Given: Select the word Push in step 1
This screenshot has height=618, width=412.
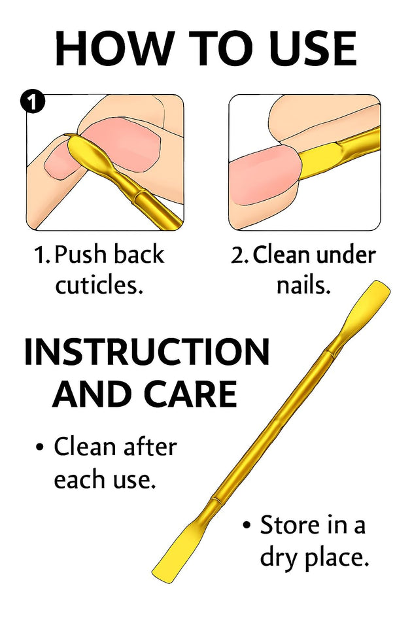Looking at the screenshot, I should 83,254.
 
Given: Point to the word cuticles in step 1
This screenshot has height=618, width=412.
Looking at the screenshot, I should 99,285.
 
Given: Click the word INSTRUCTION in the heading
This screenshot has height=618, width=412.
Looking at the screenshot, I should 146,353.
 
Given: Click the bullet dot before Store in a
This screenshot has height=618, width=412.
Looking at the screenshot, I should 247,525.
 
